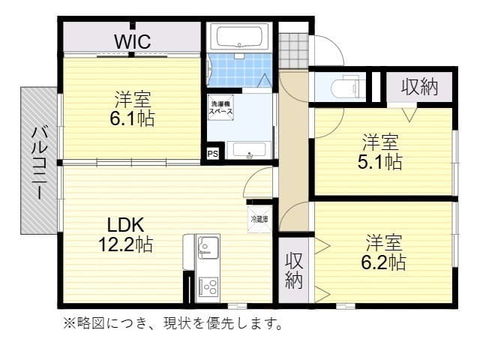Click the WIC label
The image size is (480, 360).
(133, 40)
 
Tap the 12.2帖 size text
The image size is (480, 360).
(125, 244)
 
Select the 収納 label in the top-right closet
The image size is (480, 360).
(419, 86)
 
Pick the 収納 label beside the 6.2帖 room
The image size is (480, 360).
(293, 271)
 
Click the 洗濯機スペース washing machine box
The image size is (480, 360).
(220, 106)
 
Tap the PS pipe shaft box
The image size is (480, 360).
(213, 154)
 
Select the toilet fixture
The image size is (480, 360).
(346, 86)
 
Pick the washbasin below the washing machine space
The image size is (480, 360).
(247, 150)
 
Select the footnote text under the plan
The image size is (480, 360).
(172, 324)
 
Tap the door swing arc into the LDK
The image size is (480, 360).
(259, 180)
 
